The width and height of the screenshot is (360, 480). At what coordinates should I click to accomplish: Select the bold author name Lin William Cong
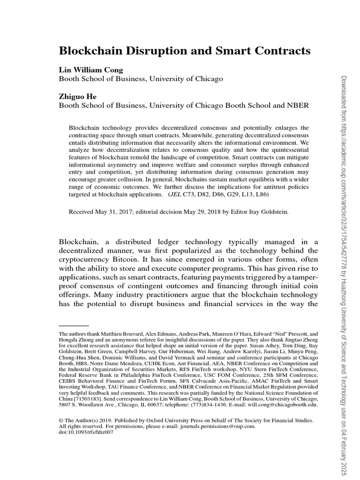tap(90, 70)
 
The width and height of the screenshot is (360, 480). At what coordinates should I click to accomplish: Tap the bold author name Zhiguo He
tap(77, 97)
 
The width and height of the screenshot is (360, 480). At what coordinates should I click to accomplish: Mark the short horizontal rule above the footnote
tap(74, 325)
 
